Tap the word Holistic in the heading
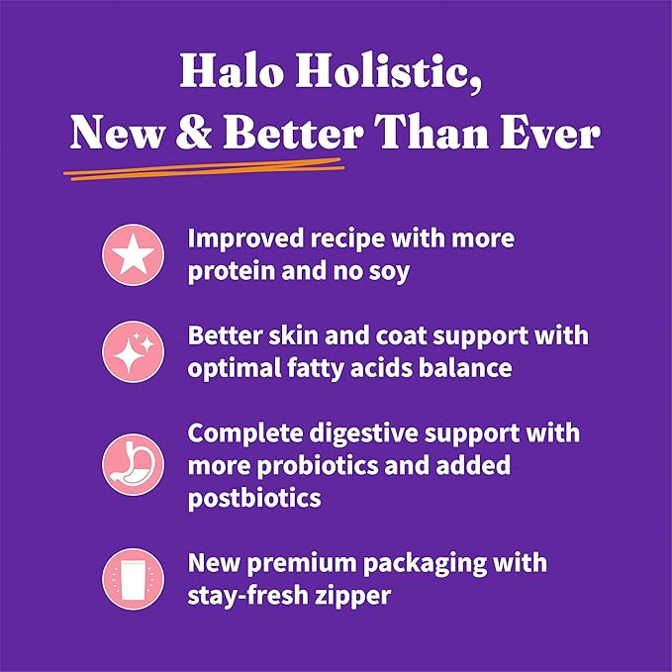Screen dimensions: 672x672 click(x=394, y=76)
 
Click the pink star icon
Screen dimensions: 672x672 click(x=131, y=252)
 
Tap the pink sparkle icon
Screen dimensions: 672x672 click(x=131, y=351)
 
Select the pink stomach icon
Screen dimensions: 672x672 click(x=131, y=465)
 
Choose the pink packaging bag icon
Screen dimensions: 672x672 click(x=131, y=579)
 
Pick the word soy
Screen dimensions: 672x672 click(x=387, y=270)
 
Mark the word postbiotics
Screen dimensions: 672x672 click(x=254, y=497)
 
